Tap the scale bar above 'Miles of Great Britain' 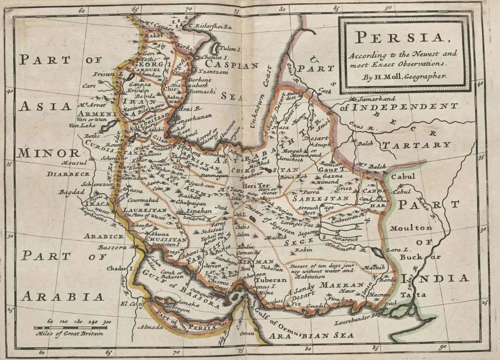click(70, 328)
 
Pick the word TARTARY click(416, 145)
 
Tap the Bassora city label click(112, 247)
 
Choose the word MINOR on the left click(49, 153)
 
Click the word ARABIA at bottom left click(62, 296)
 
